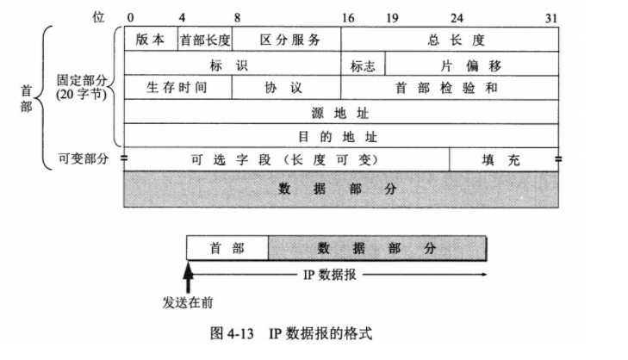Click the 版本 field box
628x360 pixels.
pos(151,40)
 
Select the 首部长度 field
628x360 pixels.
pos(205,40)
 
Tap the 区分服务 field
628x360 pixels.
pos(288,40)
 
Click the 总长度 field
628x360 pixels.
pos(451,40)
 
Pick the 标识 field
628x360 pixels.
pos(233,65)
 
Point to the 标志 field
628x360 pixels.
pos(363,65)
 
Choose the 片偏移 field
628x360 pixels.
pos(472,65)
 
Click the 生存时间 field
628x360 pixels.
pos(177,88)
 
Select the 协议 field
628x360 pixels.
pos(287,88)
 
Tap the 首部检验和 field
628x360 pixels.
pos(451,88)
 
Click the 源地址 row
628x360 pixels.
pos(342,112)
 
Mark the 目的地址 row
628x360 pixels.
pos(342,136)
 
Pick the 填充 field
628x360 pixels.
pos(504,159)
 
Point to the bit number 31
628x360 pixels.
pos(552,16)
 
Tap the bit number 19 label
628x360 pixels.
pos(392,16)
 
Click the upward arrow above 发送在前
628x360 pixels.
pos(187,277)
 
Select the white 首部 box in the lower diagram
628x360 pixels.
pos(227,248)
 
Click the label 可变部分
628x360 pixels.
pos(83,159)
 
